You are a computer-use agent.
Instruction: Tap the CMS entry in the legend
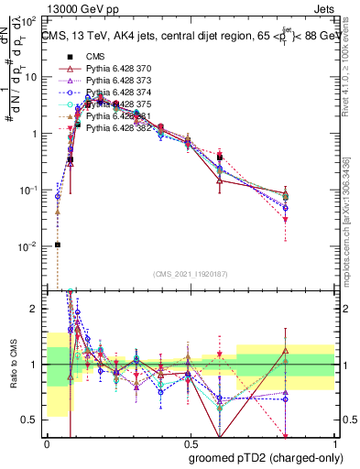point(94,56)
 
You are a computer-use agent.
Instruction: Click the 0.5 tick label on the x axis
point(190,442)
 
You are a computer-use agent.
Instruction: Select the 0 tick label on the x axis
point(47,442)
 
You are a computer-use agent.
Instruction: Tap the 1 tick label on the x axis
point(333,442)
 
